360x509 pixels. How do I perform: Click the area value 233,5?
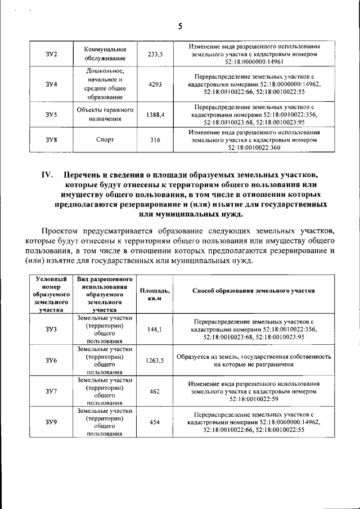(x=155, y=54)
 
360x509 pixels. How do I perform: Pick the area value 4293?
(x=155, y=84)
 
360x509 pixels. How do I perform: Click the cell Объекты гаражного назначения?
(x=105, y=114)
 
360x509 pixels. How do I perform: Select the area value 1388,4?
(x=155, y=114)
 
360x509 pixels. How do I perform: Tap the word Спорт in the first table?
(x=105, y=140)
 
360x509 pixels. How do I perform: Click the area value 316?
(x=155, y=140)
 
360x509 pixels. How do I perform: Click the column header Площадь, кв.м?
(x=155, y=293)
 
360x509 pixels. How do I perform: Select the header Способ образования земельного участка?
(x=253, y=290)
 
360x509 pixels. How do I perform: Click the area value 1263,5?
(x=155, y=361)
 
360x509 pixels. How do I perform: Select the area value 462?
(x=155, y=391)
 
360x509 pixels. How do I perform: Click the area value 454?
(x=155, y=422)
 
